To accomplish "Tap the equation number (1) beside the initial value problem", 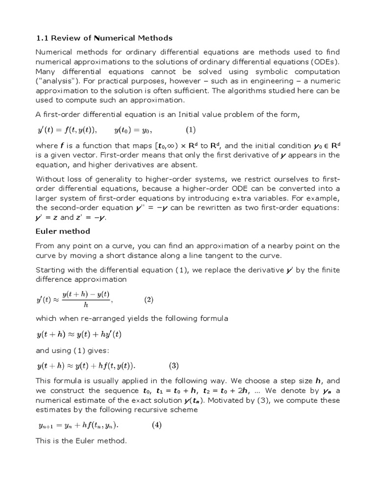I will (x=190, y=130).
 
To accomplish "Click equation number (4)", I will (x=156, y=425).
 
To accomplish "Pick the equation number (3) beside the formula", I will (x=174, y=365).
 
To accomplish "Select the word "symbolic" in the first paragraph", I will (x=270, y=71).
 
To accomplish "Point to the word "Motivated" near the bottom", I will (x=230, y=400).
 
